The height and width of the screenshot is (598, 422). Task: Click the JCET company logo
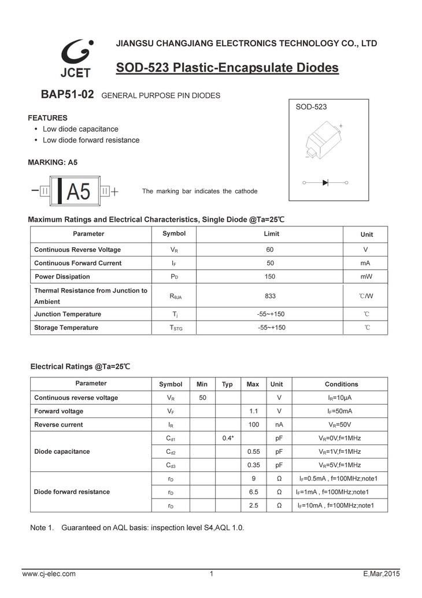(75, 58)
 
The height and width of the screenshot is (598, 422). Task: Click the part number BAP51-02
(67, 94)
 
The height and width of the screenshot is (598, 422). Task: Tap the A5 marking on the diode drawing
(79, 191)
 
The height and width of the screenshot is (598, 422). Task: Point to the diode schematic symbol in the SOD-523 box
(325, 182)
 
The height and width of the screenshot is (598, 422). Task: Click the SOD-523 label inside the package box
(311, 107)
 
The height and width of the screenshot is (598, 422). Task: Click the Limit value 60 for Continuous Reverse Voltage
(270, 250)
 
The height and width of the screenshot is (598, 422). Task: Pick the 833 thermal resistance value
(270, 296)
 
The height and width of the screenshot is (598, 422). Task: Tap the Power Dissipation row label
(62, 277)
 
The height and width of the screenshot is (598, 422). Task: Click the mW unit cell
(366, 277)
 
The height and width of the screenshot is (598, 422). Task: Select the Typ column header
(227, 384)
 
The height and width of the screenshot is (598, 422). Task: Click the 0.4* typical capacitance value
(227, 438)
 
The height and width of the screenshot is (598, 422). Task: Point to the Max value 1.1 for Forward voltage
(253, 411)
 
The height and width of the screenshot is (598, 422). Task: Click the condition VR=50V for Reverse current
(341, 424)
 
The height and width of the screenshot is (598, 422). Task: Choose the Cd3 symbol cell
(171, 465)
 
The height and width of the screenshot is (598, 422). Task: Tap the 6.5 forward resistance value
(253, 492)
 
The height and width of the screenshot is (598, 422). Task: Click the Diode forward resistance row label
(72, 492)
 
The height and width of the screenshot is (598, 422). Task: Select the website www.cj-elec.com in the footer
(49, 574)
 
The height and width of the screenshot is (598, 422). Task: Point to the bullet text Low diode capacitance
(80, 129)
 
